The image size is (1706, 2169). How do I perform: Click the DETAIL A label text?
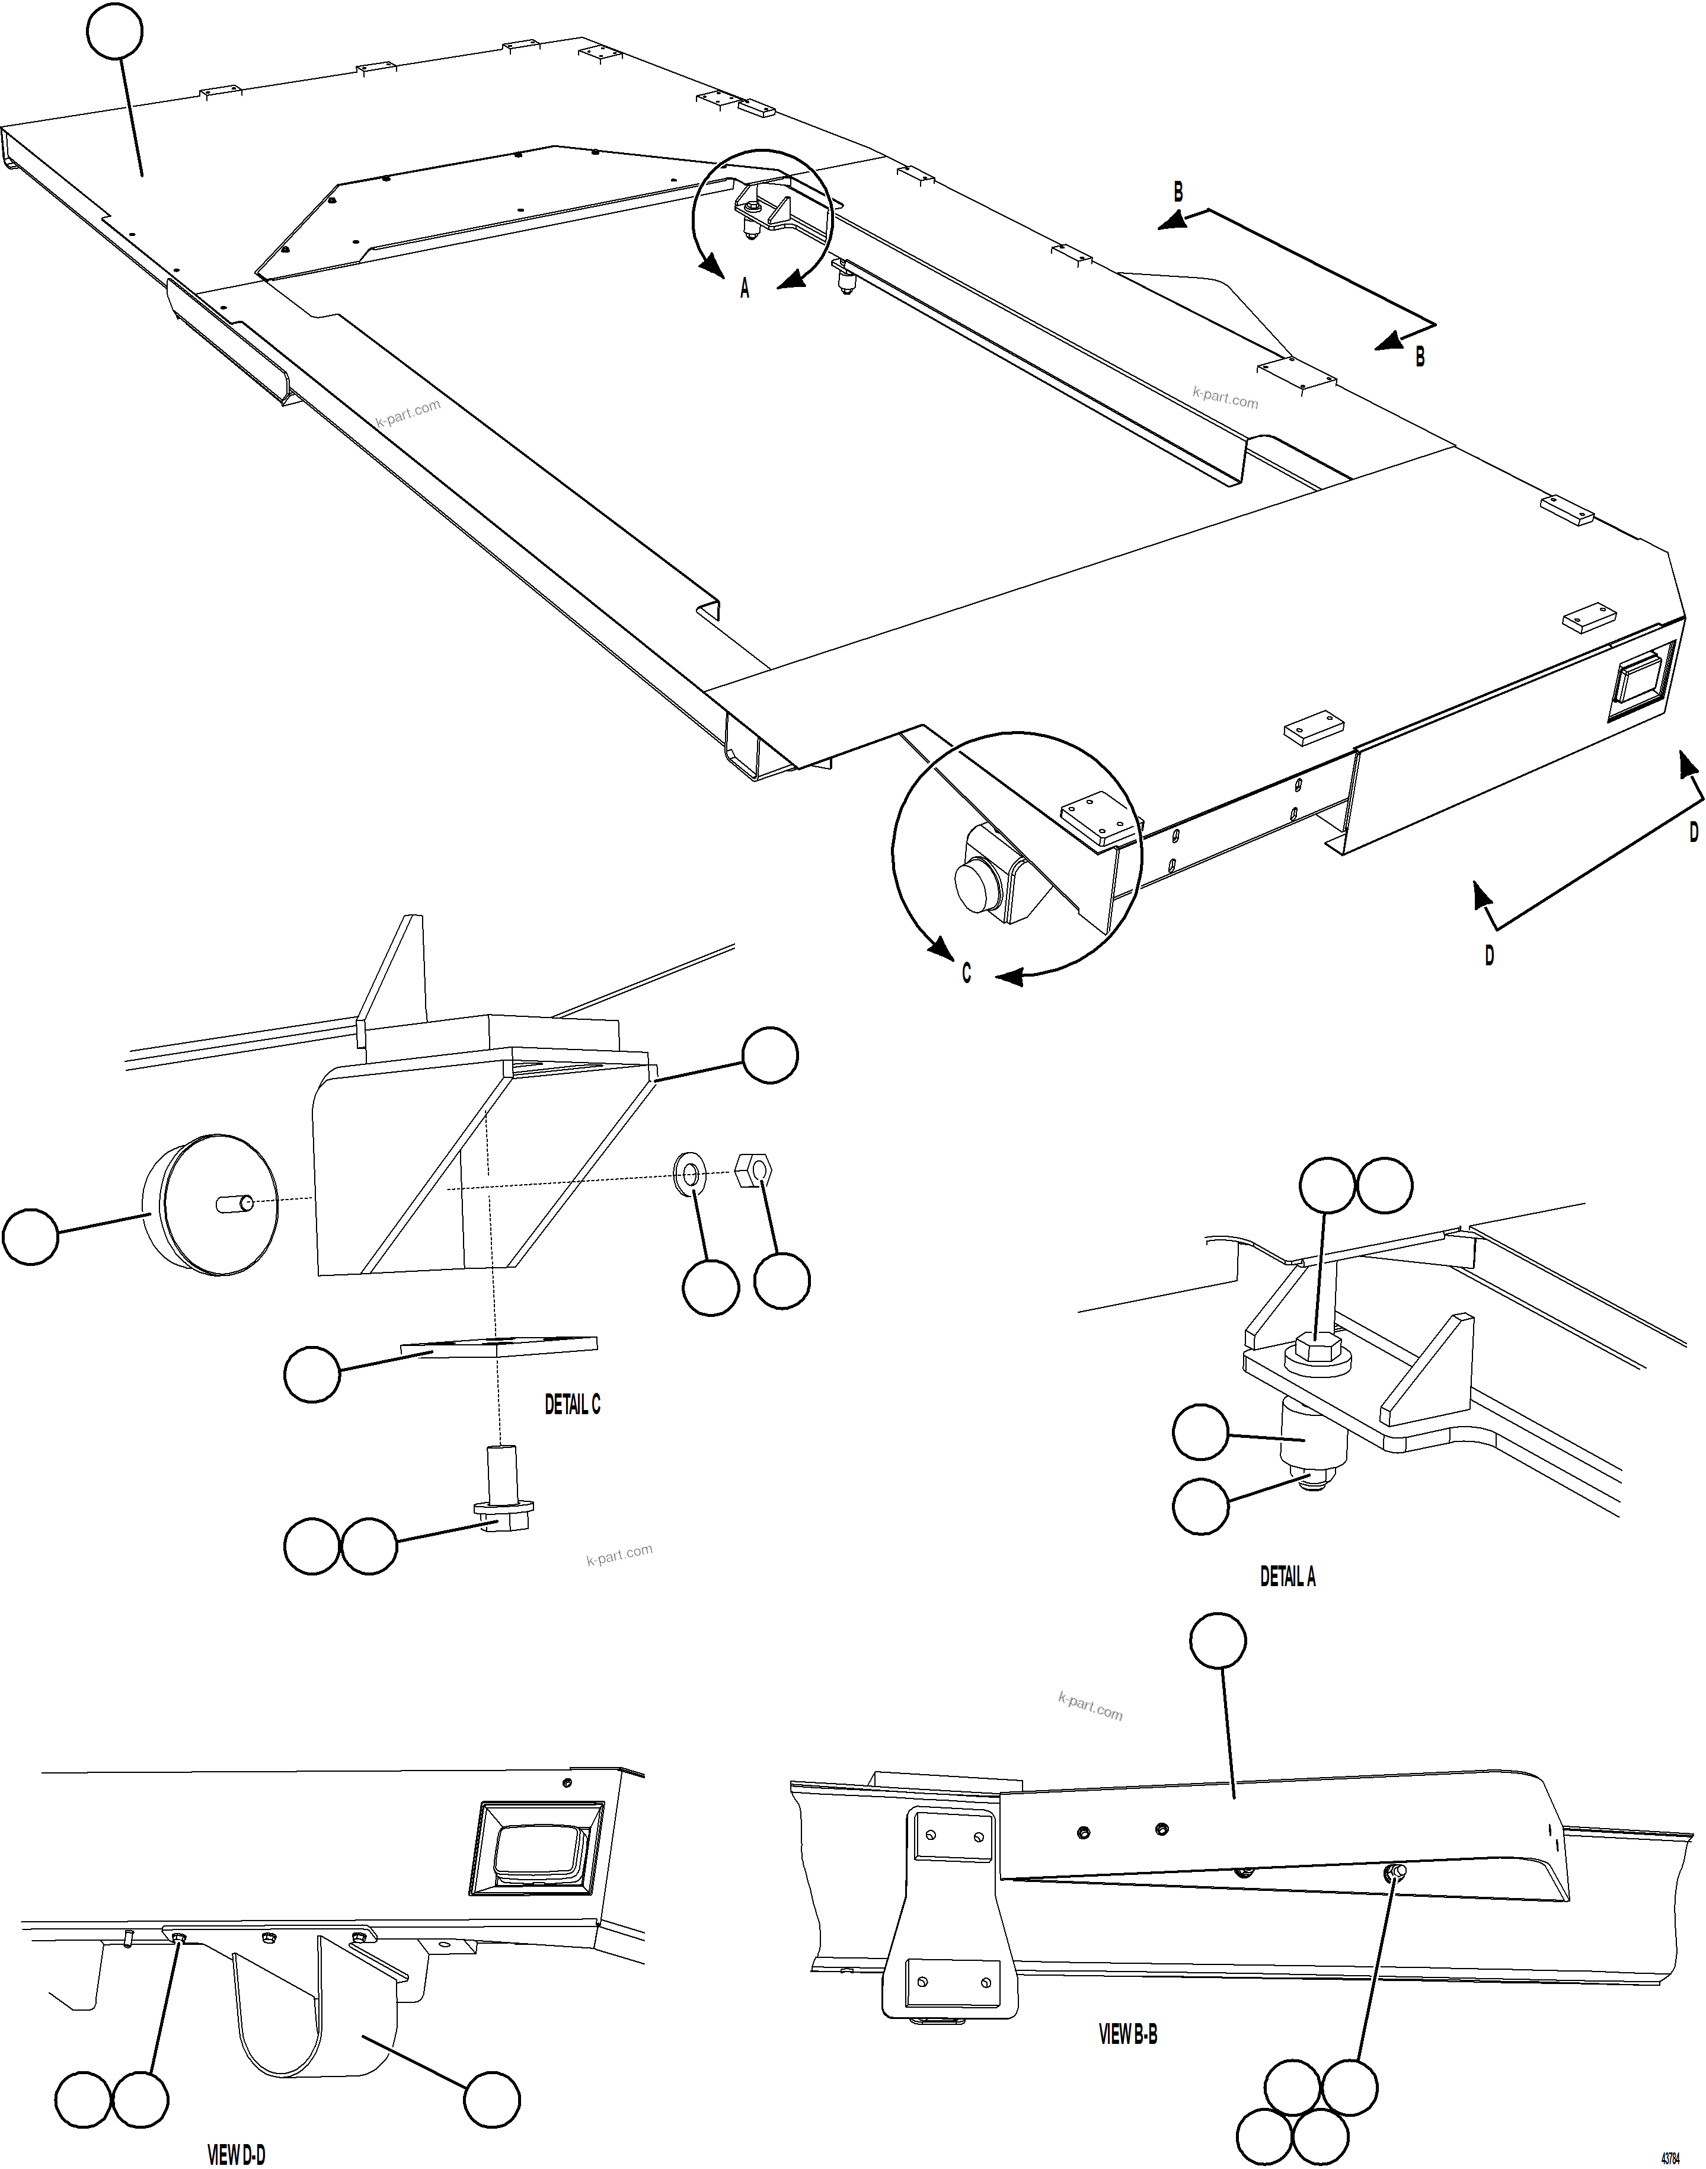(x=1288, y=1577)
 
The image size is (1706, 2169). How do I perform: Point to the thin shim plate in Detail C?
(x=500, y=1345)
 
